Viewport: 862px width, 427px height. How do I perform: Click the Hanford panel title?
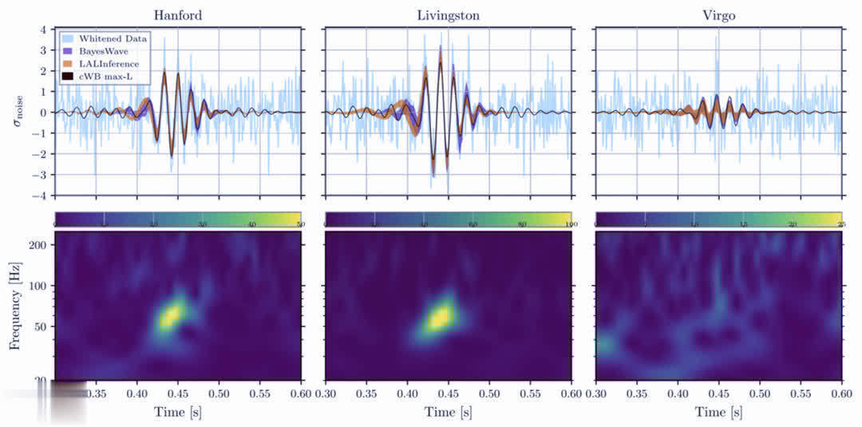(x=177, y=14)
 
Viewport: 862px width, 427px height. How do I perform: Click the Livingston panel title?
(x=448, y=14)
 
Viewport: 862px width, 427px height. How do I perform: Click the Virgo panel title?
(x=719, y=14)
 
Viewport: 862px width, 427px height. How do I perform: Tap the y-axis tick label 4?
(x=45, y=30)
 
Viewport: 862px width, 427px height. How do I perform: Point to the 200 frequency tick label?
(x=38, y=245)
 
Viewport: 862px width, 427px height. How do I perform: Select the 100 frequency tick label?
(x=38, y=285)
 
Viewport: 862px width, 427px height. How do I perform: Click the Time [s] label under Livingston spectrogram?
(x=449, y=412)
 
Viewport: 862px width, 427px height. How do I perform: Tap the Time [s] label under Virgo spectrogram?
(x=719, y=412)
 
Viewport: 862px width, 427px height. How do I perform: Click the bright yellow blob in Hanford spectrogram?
(x=169, y=317)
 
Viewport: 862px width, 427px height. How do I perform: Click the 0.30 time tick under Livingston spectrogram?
(x=326, y=394)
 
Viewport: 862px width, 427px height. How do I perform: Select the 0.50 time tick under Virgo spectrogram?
(x=760, y=394)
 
